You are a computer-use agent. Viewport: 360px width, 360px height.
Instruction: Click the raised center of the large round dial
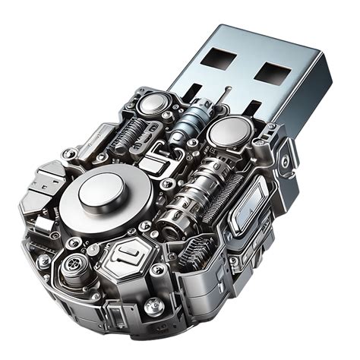[101, 186]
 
